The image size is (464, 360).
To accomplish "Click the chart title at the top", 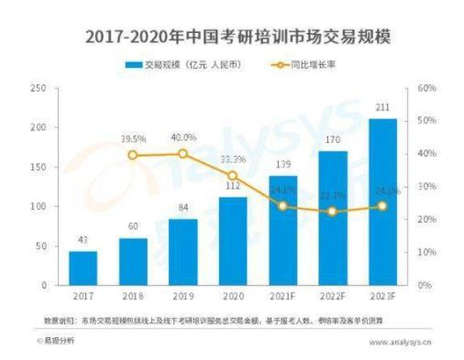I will pyautogui.click(x=232, y=38).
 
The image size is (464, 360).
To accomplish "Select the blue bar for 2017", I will pyautogui.click(x=83, y=267).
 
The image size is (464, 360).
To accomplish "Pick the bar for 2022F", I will pyautogui.click(x=333, y=218).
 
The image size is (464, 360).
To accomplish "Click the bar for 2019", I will pyautogui.click(x=183, y=252).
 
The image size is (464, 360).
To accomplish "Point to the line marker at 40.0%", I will pyautogui.click(x=183, y=154).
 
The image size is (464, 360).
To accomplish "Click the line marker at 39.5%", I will pyautogui.click(x=133, y=156).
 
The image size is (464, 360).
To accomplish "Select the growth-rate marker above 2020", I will pyautogui.click(x=233, y=175).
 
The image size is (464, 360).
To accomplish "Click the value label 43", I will pyautogui.click(x=83, y=240).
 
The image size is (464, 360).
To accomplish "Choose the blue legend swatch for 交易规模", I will pyautogui.click(x=134, y=65).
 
